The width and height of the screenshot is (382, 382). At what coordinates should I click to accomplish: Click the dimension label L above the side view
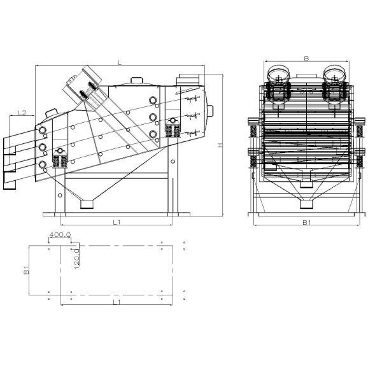tap(120, 62)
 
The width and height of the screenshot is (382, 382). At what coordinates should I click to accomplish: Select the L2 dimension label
tap(22, 113)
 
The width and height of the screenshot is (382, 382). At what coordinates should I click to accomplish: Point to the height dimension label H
tap(220, 145)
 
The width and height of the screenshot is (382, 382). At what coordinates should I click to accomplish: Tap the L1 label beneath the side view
tap(117, 221)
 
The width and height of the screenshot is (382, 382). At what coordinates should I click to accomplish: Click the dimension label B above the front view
tap(306, 59)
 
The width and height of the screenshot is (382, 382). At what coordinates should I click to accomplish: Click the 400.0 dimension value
tap(60, 235)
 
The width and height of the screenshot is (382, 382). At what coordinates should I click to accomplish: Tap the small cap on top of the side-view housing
tap(136, 80)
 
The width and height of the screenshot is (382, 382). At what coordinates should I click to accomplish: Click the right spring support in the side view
tap(171, 131)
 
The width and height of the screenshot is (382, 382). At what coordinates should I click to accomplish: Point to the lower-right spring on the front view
tap(360, 160)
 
